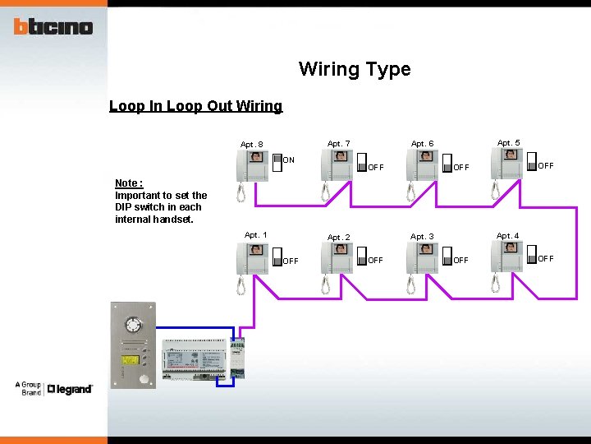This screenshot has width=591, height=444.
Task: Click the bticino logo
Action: point(53,26)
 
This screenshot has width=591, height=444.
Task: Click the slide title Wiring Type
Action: point(355,69)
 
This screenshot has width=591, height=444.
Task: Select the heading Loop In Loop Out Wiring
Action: point(195,106)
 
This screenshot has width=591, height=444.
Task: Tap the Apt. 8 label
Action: point(252,145)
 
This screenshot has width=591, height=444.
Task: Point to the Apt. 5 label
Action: point(508,142)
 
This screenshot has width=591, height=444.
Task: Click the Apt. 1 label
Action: point(255,235)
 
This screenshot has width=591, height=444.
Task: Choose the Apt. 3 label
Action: point(423,237)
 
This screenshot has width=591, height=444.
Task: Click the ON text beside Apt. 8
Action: point(289,160)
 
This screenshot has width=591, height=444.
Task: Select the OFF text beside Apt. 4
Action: point(546,259)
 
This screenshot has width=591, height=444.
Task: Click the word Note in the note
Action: point(127,183)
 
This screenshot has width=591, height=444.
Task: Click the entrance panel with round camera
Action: point(133,345)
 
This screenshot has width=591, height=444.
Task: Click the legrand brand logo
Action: point(69,389)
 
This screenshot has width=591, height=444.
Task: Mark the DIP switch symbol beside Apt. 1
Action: point(277,257)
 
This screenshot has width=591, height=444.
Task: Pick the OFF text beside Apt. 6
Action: point(461,167)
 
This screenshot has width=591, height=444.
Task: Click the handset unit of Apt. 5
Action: point(507,164)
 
